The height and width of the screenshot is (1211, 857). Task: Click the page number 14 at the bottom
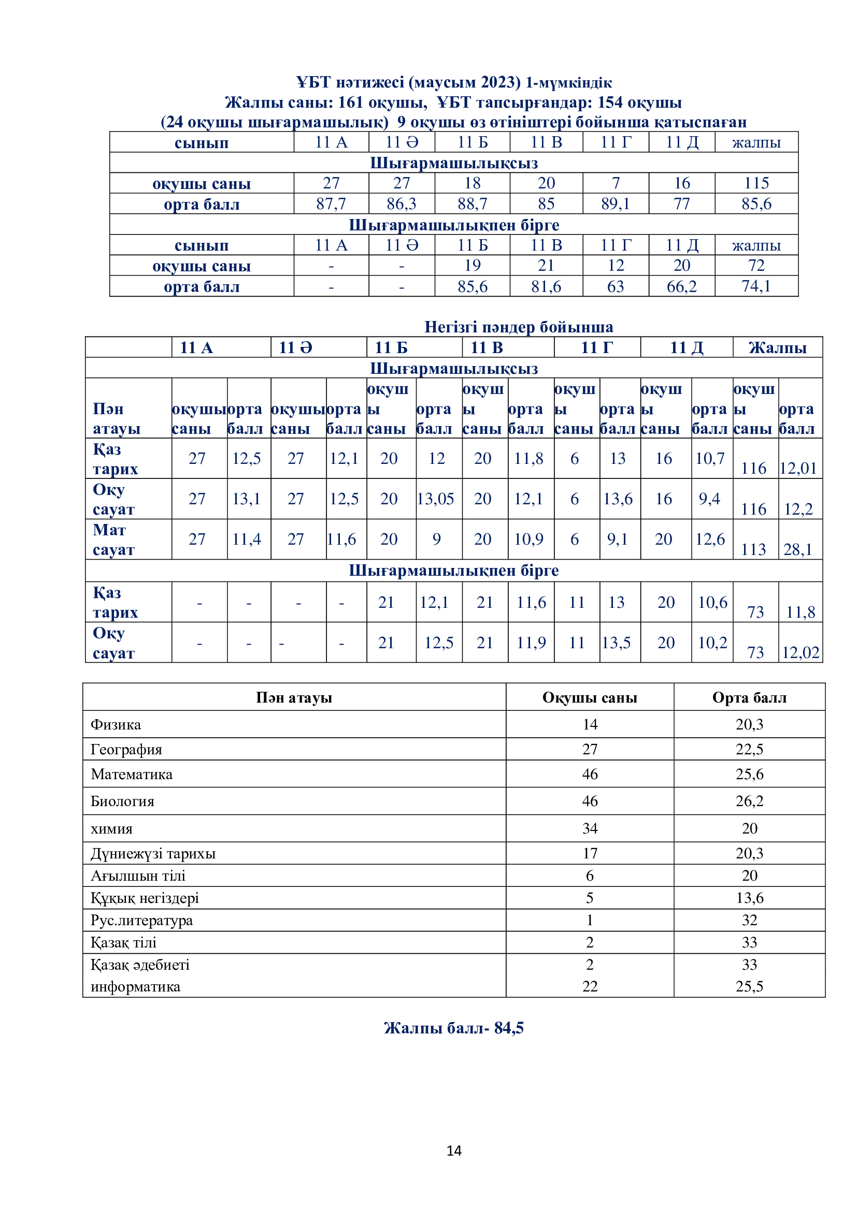coord(454,1150)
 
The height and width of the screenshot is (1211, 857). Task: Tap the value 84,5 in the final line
coord(509,1027)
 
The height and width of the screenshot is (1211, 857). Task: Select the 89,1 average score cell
coord(616,203)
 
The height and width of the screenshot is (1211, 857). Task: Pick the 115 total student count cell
coord(756,183)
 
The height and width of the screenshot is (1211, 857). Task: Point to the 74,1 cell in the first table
coord(756,286)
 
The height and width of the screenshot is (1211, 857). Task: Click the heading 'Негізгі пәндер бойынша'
coord(519,327)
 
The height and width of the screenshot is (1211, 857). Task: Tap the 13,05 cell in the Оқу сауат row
coord(435,499)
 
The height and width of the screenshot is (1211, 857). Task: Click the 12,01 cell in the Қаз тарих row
coord(798,469)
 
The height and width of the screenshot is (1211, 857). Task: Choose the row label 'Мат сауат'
coord(113,539)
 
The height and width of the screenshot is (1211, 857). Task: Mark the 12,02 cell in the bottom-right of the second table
coord(801,652)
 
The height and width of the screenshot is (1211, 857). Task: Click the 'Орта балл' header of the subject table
coord(749,697)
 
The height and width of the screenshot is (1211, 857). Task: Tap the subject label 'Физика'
coord(116,724)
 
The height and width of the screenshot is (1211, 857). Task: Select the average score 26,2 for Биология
coord(749,800)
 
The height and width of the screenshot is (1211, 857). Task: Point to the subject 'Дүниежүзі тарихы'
coord(153,853)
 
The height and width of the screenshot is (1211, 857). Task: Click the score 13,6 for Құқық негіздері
coord(749,897)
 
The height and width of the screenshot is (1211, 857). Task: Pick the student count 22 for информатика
coord(590,986)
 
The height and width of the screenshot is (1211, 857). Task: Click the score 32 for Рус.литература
coord(749,920)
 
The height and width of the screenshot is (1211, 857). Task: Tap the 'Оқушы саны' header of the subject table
coord(590,697)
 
